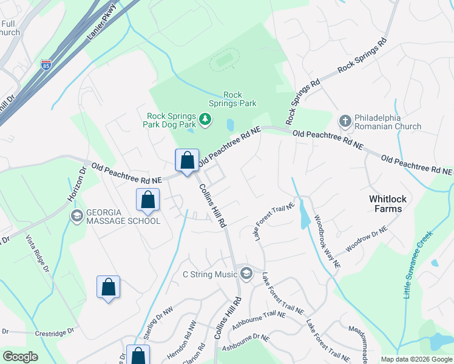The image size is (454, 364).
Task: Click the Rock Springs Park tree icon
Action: pos(205,119)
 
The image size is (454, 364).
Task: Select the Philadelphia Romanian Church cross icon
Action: pos(345,119)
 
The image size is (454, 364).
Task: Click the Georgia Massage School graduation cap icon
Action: pos(77,216)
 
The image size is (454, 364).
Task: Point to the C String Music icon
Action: pos(246,274)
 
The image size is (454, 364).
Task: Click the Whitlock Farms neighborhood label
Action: pos(386,204)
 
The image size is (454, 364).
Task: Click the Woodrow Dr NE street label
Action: pos(366,240)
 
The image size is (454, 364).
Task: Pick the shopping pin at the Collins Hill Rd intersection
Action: pos(188,161)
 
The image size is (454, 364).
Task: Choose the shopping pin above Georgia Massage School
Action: pos(147,199)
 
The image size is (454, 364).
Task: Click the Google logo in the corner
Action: pos(20,357)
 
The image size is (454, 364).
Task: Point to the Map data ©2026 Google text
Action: pos(416,359)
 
